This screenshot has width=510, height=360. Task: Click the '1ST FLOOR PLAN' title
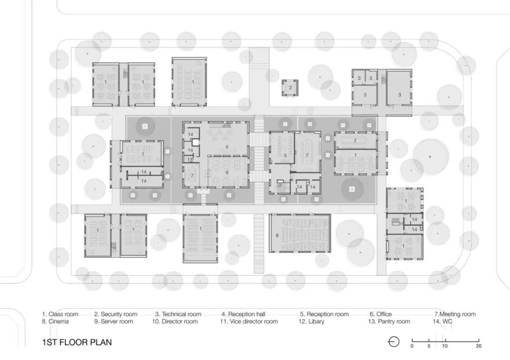77,342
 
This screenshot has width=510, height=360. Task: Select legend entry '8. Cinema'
55,321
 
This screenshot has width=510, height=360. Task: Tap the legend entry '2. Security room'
116,314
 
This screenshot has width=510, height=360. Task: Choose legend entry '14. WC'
442,321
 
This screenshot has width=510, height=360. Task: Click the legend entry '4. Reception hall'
244,314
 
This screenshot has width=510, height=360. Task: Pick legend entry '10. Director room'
175,321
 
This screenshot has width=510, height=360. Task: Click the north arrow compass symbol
393,342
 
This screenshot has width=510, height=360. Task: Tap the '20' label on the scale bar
479,346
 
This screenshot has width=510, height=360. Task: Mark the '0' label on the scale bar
412,346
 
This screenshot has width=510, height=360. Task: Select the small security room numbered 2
290,87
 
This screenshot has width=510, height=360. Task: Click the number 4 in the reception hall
227,147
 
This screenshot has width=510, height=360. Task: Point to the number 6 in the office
227,173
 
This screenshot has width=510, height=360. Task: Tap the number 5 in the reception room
285,155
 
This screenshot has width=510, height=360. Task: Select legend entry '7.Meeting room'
455,314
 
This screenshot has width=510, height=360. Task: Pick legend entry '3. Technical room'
178,314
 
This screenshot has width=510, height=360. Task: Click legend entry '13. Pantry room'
389,321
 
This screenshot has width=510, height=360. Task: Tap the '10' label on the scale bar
445,346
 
